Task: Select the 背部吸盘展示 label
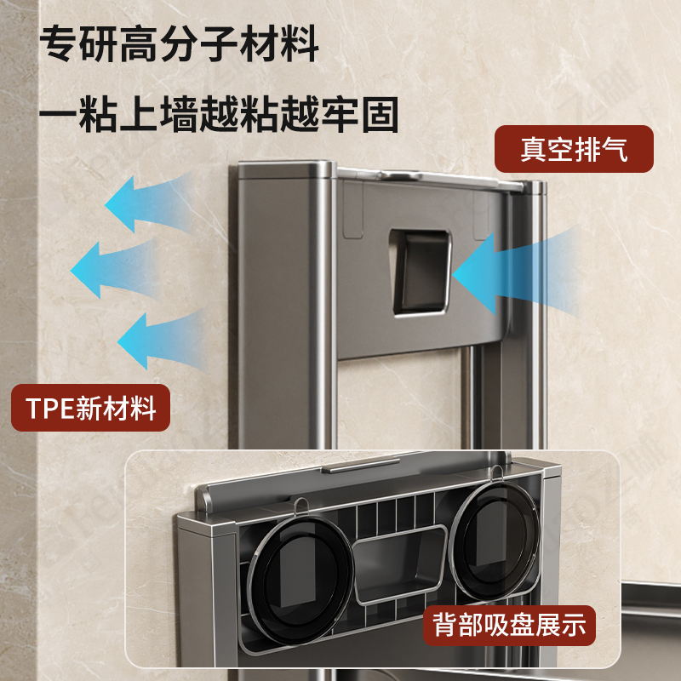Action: point(510,625)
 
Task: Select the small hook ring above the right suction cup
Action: point(495,477)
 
